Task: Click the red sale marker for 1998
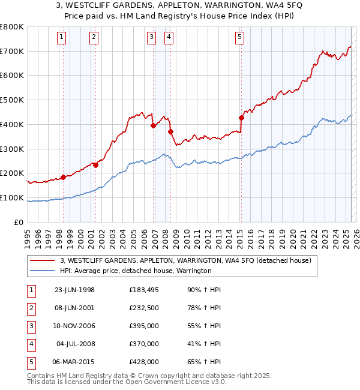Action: tap(63, 177)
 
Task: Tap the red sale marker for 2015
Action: tap(241, 118)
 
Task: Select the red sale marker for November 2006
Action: tap(153, 125)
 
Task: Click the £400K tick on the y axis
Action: tap(13, 124)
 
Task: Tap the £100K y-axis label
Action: tap(13, 197)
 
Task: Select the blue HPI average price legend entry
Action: tap(136, 271)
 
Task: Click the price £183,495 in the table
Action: tap(144, 290)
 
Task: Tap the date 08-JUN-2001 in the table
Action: tap(74, 308)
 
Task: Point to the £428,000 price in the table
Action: tap(144, 362)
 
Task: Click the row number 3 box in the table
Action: tap(31, 326)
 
